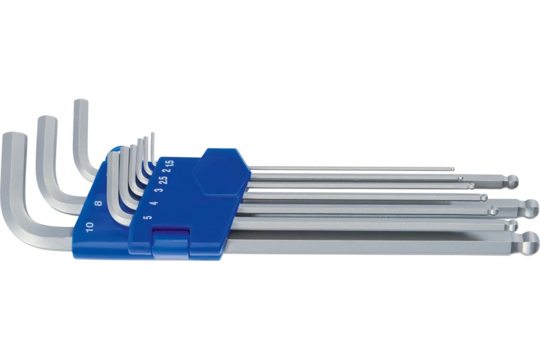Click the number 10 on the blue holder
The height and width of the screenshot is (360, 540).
click(90, 227)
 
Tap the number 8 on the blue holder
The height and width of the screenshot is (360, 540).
click(98, 203)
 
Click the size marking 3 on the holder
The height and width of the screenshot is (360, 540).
click(160, 189)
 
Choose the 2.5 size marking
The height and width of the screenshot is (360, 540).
click(164, 179)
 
